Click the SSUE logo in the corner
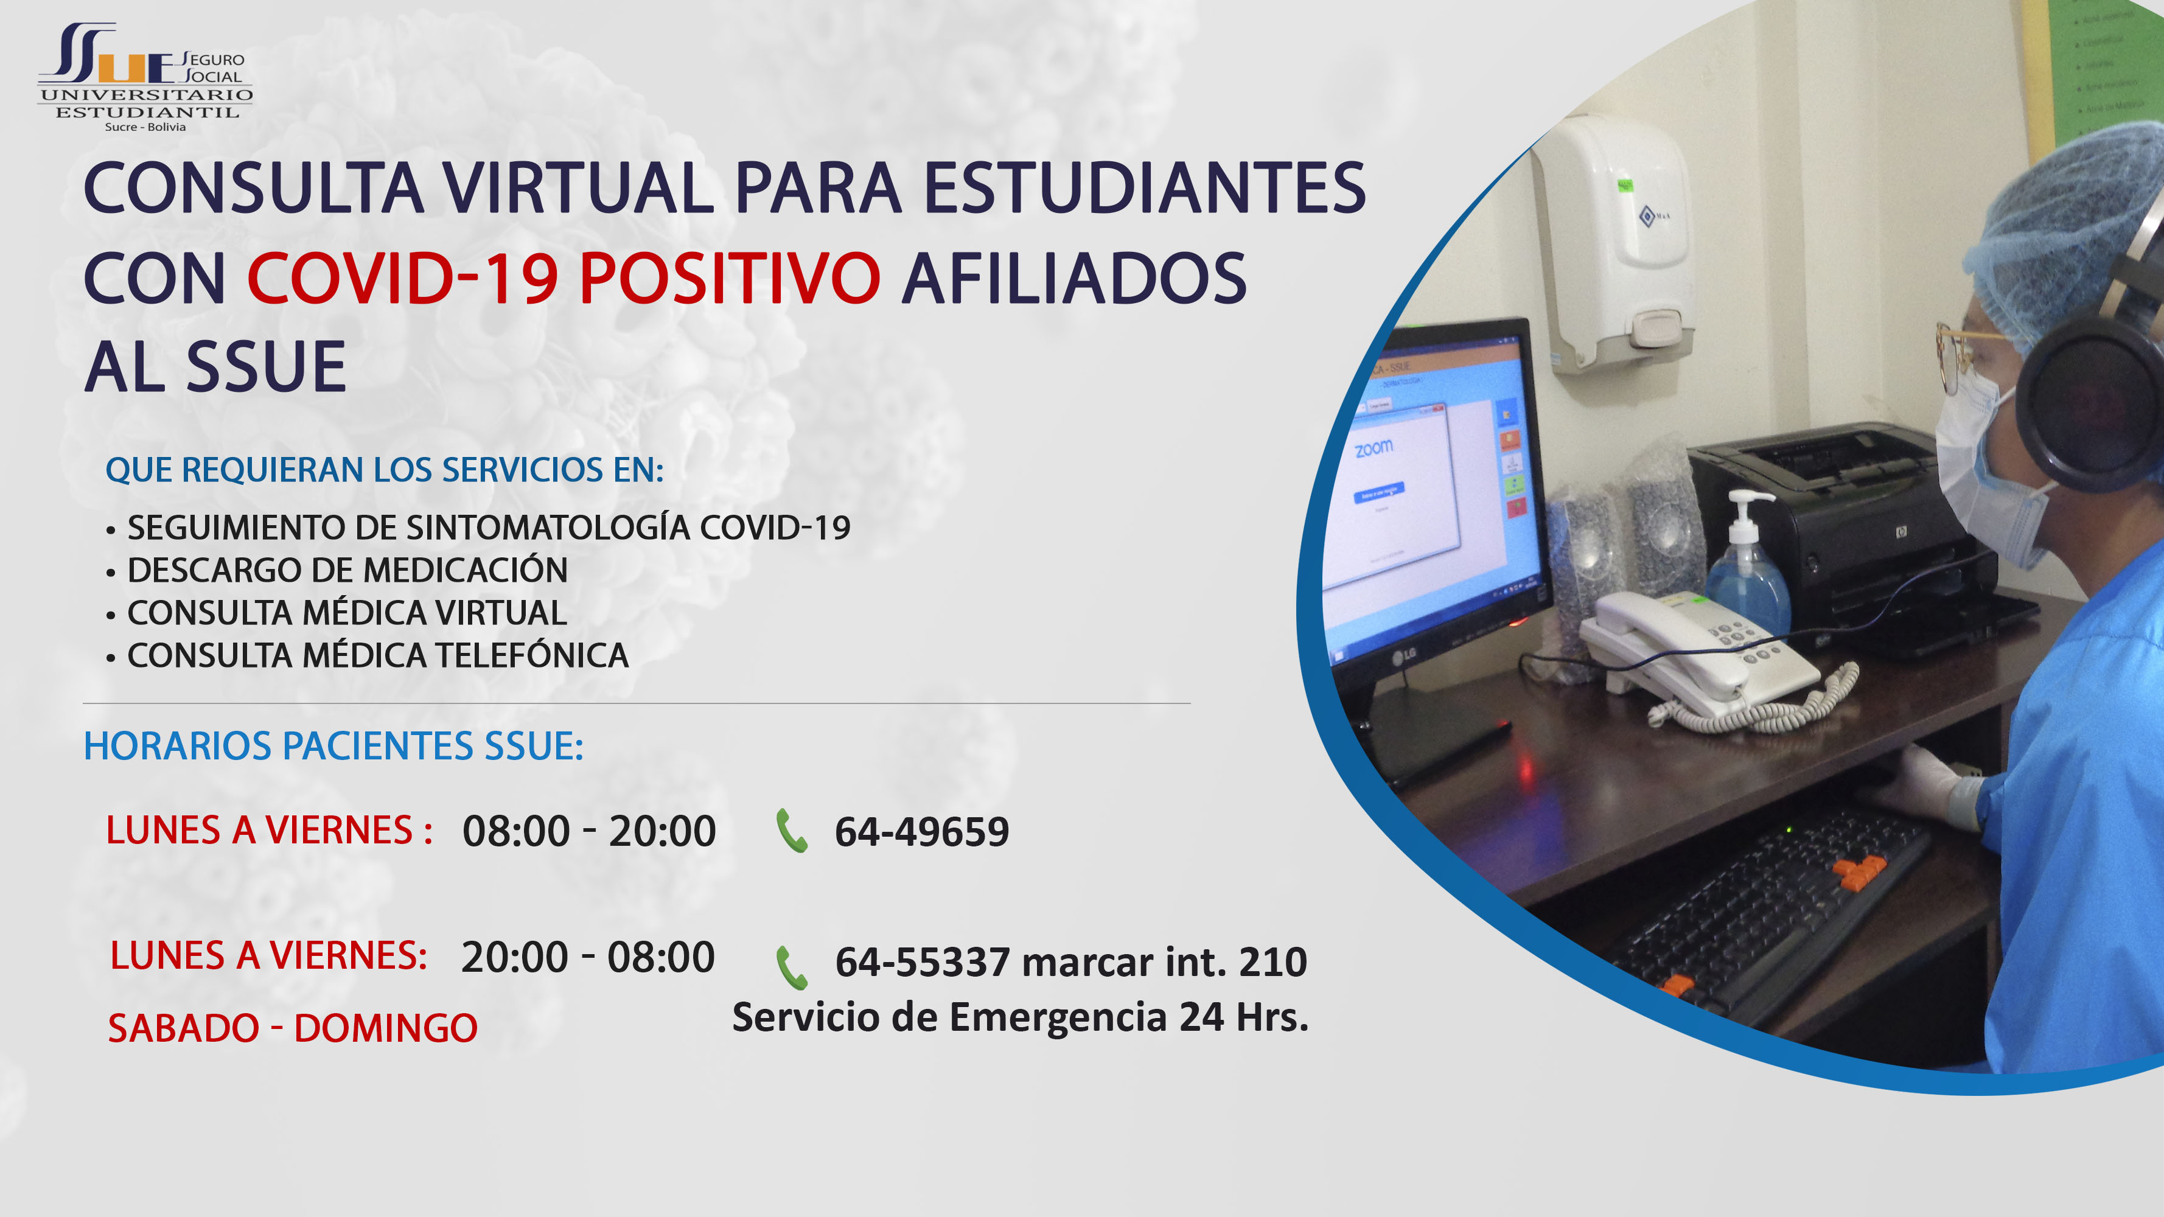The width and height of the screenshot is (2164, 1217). [144, 77]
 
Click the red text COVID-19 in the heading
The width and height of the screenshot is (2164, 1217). [402, 278]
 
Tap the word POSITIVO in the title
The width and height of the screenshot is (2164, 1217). [729, 278]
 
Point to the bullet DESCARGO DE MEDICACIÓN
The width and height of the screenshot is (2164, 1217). [347, 570]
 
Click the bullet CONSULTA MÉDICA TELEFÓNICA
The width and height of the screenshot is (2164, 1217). [377, 655]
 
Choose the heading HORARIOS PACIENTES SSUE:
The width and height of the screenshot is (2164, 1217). [333, 746]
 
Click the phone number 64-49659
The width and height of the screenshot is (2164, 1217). [921, 831]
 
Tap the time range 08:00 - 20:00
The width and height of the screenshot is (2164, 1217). [589, 831]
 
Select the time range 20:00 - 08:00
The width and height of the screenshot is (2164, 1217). [588, 957]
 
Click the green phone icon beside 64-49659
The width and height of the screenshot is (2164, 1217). [791, 831]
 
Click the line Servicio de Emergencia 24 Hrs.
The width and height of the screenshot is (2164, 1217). [1021, 1017]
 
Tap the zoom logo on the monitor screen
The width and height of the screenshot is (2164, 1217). [1373, 448]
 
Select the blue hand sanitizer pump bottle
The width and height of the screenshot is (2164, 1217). [1747, 563]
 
